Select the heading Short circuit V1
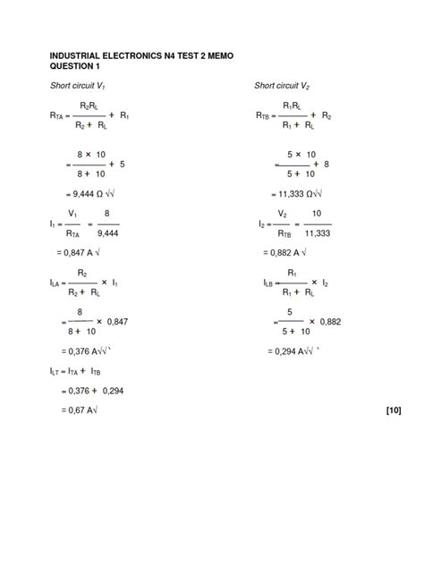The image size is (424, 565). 80,86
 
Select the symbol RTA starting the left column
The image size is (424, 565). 59,116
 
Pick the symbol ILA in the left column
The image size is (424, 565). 58,282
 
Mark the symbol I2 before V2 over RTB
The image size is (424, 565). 261,225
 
